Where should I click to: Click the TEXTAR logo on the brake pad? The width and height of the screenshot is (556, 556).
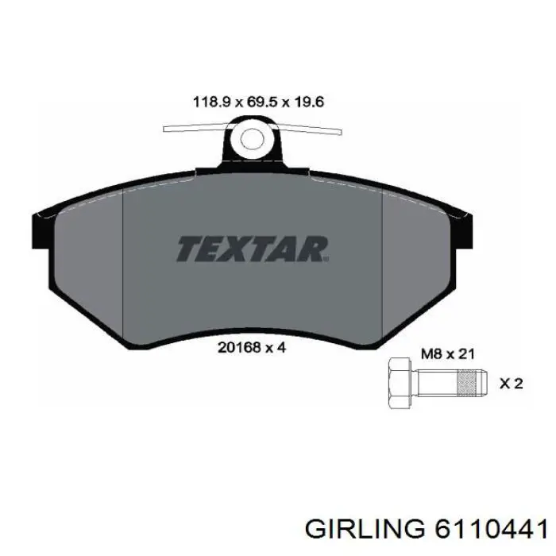252,249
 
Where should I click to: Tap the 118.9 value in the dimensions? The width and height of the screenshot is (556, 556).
210,102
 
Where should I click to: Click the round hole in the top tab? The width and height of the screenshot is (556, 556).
253,140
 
